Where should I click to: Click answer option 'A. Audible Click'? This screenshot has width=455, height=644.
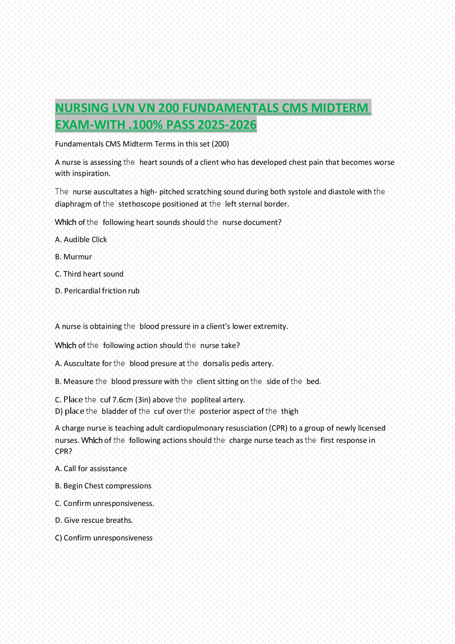(x=81, y=240)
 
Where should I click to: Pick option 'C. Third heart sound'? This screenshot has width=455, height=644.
(x=89, y=274)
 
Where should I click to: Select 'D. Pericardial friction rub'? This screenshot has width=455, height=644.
(x=97, y=291)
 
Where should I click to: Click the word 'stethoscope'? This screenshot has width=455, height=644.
(x=139, y=204)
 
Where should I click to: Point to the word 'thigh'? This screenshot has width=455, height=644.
(x=290, y=411)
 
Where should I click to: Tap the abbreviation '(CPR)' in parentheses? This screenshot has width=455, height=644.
(x=278, y=428)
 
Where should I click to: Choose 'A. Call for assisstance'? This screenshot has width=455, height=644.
(x=91, y=469)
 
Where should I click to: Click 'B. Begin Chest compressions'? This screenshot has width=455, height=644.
(x=103, y=486)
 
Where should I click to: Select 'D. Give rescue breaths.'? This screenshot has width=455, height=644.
(x=94, y=520)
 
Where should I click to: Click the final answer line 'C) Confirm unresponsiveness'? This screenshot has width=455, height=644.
(x=104, y=538)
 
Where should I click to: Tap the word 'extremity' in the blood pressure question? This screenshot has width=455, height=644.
(x=270, y=327)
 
